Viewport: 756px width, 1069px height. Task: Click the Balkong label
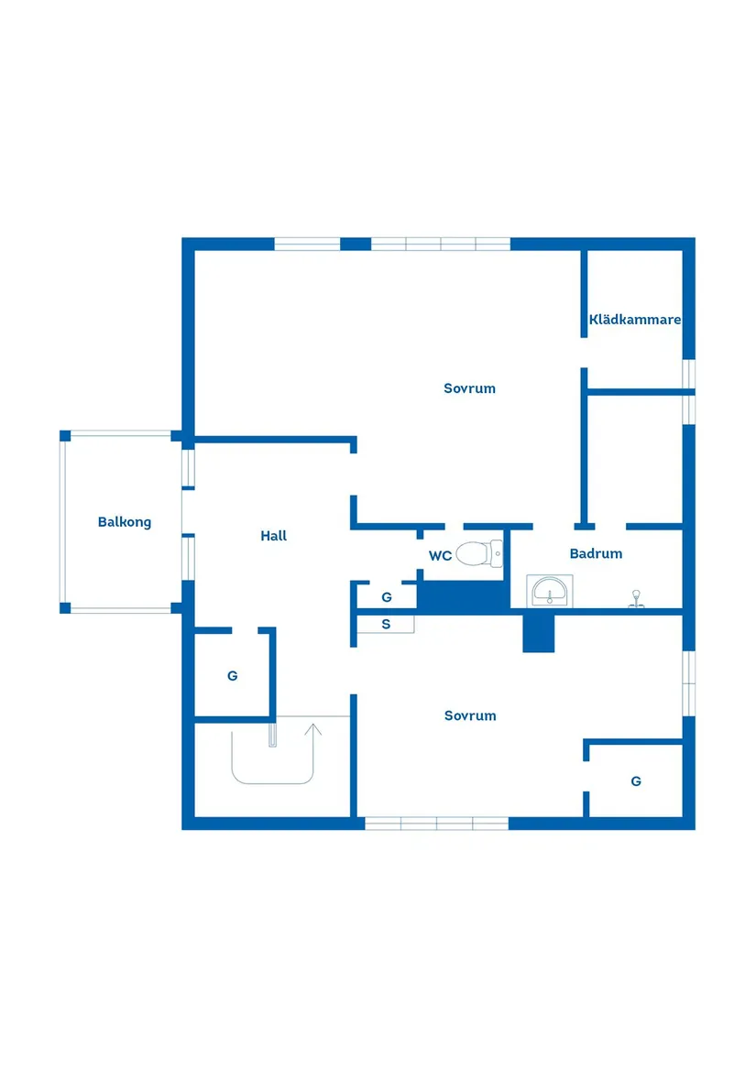[x=125, y=522]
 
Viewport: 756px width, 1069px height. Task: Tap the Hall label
[x=274, y=536]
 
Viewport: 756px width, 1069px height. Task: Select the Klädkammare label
[x=634, y=319]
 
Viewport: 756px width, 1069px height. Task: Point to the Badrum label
[x=596, y=553]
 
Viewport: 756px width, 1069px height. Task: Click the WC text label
[x=440, y=556]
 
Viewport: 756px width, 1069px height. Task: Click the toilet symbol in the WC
[x=479, y=553]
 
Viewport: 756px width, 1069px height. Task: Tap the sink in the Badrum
[x=549, y=591]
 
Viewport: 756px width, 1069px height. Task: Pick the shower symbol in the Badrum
[x=636, y=598]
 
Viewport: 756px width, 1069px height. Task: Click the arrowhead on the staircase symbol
[x=313, y=729]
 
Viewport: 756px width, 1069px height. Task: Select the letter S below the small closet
[x=386, y=624]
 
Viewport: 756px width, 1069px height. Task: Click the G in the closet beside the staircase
[x=232, y=676]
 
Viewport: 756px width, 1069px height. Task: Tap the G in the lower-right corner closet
[x=636, y=781]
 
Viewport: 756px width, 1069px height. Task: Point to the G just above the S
[x=386, y=597]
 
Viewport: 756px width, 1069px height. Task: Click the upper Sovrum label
[x=469, y=388]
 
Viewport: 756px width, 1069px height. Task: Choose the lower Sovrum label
[x=470, y=715]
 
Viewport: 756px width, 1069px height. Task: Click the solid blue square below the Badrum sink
[x=538, y=633]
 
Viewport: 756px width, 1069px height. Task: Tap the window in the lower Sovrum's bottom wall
[x=437, y=824]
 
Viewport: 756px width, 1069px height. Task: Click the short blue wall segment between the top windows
[x=356, y=244]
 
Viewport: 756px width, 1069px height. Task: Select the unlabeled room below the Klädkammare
[x=634, y=459]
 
